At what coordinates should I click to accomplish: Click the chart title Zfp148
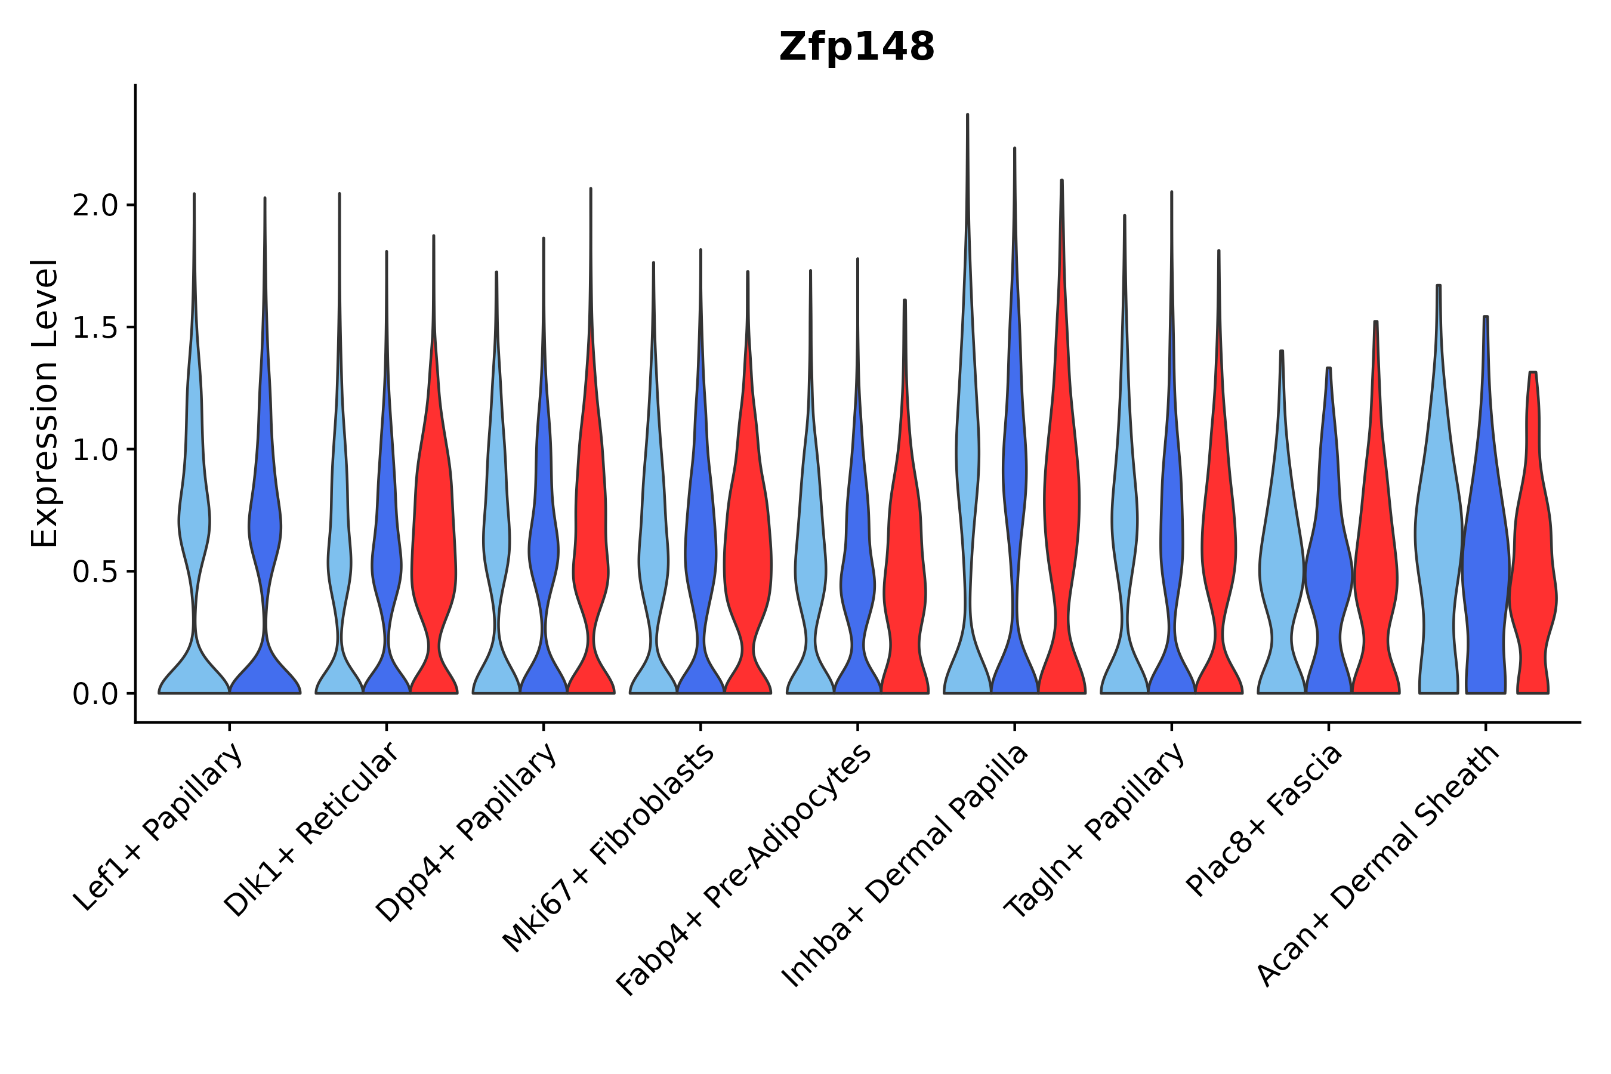856,47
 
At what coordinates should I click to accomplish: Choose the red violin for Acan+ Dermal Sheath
1532,582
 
